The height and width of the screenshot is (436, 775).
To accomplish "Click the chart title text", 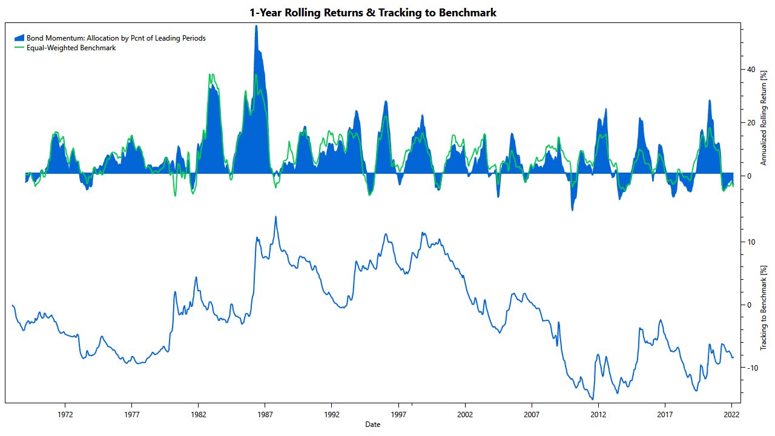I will pyautogui.click(x=373, y=12).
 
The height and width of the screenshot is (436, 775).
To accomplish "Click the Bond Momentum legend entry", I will pyautogui.click(x=116, y=38).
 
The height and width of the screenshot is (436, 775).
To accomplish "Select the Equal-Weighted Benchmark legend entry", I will pyautogui.click(x=71, y=48).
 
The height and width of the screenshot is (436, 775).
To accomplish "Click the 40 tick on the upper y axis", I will pyautogui.click(x=751, y=70).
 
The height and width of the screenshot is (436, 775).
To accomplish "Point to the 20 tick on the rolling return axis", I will pyautogui.click(x=751, y=123).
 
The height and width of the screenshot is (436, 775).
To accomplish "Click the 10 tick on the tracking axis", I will pyautogui.click(x=751, y=242).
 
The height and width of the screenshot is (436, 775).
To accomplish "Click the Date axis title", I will pyautogui.click(x=373, y=424).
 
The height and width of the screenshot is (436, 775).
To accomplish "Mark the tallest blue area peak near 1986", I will pyautogui.click(x=256, y=26).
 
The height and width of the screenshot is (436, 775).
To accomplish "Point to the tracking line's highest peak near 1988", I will pyautogui.click(x=276, y=217).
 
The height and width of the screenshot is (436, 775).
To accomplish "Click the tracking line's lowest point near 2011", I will pyautogui.click(x=593, y=398).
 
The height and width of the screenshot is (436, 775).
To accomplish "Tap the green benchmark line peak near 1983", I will pyautogui.click(x=210, y=74).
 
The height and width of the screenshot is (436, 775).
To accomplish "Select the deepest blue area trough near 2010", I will pyautogui.click(x=572, y=210).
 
